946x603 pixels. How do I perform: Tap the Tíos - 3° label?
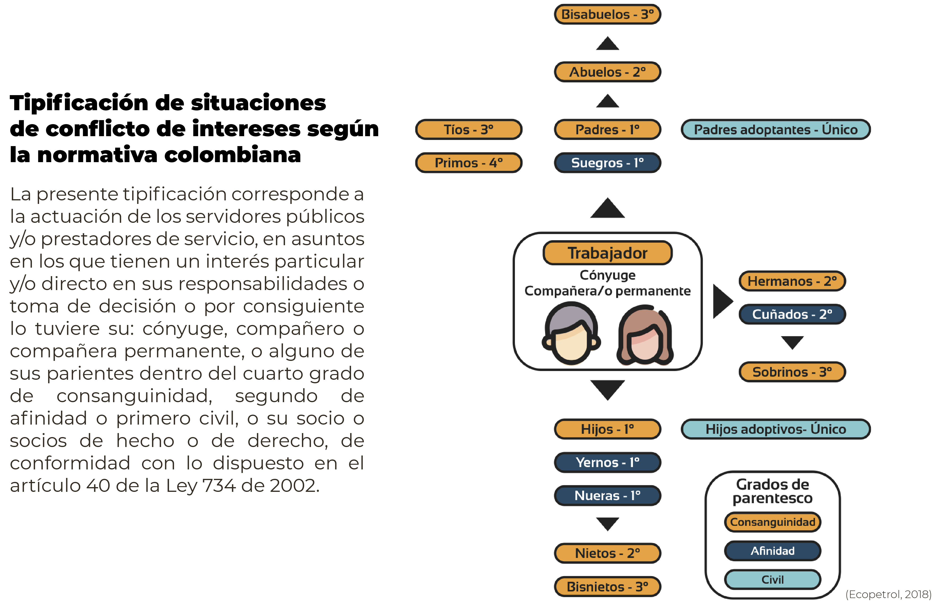tap(468, 129)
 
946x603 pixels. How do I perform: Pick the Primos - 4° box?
tap(468, 163)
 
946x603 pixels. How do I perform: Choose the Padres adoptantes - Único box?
tap(776, 130)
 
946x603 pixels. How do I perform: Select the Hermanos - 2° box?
tap(792, 281)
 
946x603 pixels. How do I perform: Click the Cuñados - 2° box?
tap(792, 314)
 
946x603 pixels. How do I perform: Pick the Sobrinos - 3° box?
tap(792, 372)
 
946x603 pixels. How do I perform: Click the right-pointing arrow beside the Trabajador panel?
tap(722, 301)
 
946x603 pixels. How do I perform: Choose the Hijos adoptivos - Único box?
tap(776, 429)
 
